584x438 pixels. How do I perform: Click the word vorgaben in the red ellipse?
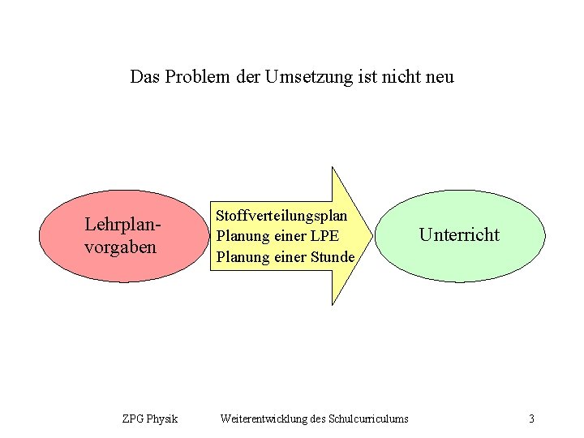[121, 246]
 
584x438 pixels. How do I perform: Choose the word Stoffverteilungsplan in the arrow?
[281, 216]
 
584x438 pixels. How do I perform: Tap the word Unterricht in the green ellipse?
[459, 235]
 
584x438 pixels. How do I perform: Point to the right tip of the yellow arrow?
[371, 236]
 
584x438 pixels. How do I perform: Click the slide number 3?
[531, 419]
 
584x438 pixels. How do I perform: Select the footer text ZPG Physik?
[150, 419]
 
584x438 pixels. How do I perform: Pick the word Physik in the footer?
[162, 419]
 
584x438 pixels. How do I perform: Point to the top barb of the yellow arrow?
[333, 170]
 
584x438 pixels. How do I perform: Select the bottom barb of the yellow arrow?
[333, 303]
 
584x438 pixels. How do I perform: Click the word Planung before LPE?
[242, 236]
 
